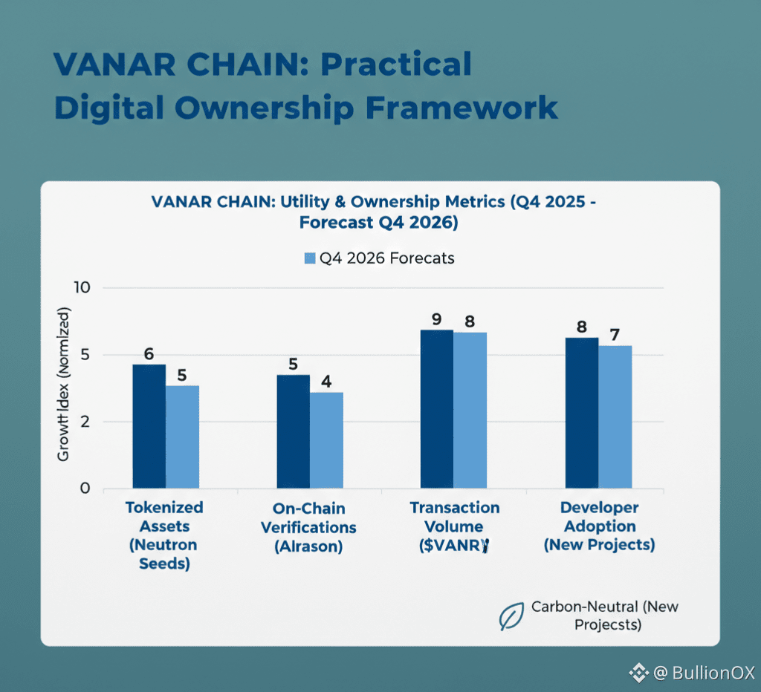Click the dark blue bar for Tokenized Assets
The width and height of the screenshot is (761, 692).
pos(149,426)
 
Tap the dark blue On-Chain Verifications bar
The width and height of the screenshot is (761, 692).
pos(293,431)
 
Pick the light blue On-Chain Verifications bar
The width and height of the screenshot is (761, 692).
pos(326,440)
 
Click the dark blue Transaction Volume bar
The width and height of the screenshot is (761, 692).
pos(437,409)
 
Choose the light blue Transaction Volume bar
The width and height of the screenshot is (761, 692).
pos(470,411)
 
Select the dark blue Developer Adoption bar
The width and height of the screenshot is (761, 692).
pos(582,413)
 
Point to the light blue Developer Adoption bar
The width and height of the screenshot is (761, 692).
pos(615,417)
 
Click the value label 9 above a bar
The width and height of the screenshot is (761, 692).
pos(437,320)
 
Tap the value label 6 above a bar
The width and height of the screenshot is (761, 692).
pos(149,354)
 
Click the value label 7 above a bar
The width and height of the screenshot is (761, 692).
pos(615,335)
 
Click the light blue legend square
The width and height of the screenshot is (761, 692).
pos(310,258)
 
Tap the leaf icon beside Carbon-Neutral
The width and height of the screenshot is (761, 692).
pos(511,616)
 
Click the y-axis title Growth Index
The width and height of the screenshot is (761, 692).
pos(64,386)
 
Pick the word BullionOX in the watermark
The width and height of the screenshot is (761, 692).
pos(713,673)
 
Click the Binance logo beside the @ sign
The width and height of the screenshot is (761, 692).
pos(638,673)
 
